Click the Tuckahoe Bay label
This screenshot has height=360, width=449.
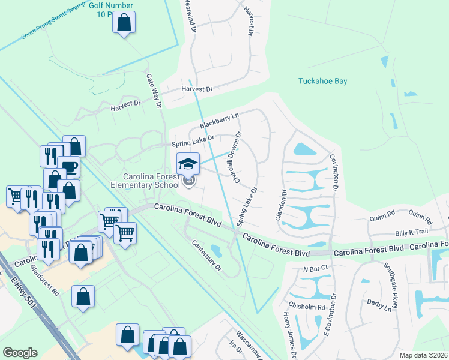323,81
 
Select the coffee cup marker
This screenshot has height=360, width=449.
69,167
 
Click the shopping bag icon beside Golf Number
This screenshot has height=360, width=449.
124,23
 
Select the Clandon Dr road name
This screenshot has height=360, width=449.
280,205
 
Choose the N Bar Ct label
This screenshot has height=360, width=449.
315,268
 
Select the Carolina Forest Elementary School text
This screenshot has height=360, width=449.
151,181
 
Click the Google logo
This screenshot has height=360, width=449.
20,353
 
